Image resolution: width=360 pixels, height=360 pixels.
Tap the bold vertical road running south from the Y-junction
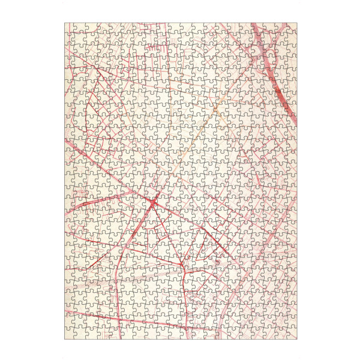coord(183,300)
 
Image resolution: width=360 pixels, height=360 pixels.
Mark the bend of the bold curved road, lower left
coord(123,252)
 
